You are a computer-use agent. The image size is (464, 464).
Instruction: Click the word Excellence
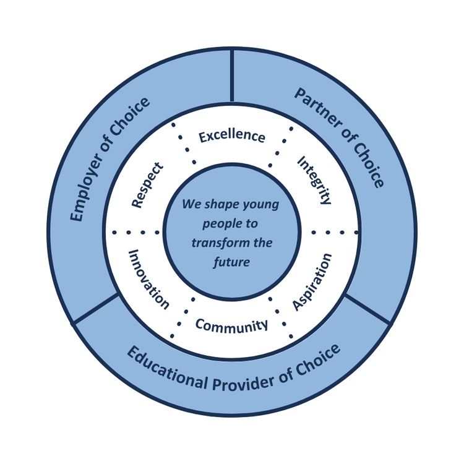232,136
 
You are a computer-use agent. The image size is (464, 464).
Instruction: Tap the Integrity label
315,179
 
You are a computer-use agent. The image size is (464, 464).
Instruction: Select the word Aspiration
312,282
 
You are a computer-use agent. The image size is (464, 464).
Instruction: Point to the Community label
232,325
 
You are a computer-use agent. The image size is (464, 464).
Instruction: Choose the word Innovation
148,279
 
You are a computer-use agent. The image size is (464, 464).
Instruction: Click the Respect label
148,185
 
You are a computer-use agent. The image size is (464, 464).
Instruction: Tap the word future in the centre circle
232,262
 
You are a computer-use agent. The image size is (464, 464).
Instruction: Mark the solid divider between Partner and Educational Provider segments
367,309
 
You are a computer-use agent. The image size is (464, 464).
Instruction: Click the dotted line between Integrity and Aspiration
335,232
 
